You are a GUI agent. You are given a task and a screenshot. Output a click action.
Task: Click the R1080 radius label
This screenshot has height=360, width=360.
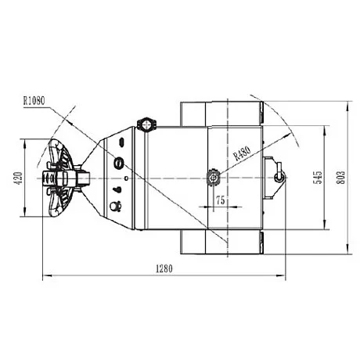tap(34, 100)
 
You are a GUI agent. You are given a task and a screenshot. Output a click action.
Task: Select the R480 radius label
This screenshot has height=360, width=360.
tap(243, 153)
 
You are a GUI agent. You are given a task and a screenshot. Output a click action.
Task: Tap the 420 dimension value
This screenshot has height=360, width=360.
tap(18, 178)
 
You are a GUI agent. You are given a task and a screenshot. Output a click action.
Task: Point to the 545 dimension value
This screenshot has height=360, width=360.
tap(318, 178)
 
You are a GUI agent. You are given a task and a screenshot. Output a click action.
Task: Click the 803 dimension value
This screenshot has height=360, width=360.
tap(340, 178)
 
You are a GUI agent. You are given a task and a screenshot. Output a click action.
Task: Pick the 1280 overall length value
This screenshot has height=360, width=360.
tap(164, 268)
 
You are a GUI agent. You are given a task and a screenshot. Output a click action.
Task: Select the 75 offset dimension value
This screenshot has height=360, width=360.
tap(221, 200)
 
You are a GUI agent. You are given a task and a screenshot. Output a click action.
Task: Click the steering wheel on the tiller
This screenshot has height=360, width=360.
tap(59, 178)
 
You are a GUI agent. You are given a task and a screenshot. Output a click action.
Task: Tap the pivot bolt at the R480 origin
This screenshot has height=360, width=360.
tap(214, 178)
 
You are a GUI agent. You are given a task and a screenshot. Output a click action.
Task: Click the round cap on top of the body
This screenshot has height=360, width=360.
tap(146, 124)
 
